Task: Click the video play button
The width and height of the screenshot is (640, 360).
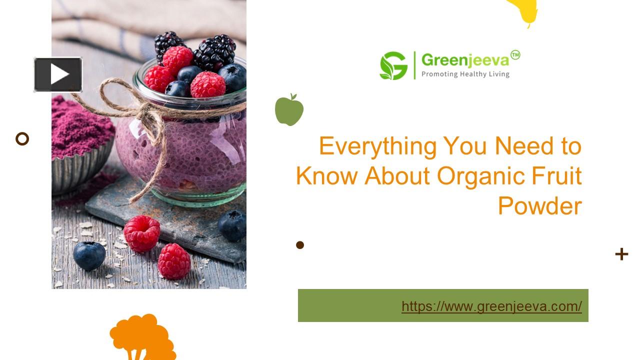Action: coord(58,74)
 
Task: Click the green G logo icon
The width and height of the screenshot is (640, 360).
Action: coord(393,65)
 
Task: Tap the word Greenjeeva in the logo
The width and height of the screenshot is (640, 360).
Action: coord(464,60)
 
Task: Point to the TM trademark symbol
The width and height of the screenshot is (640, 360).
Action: coord(515,55)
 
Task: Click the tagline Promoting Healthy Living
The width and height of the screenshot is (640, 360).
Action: coord(465,74)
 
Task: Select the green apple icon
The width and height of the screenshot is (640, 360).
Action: coord(289,109)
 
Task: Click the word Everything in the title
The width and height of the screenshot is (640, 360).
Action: coord(377,146)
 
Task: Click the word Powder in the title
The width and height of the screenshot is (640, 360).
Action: coord(539,205)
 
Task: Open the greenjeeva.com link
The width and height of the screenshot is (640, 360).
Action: coord(491,306)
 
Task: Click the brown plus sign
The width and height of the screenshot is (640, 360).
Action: coord(621,254)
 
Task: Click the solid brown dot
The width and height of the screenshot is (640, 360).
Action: coord(300,244)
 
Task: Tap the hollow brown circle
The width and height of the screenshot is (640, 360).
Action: coord(22,138)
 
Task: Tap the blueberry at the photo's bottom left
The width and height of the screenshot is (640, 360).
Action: coord(89,255)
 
